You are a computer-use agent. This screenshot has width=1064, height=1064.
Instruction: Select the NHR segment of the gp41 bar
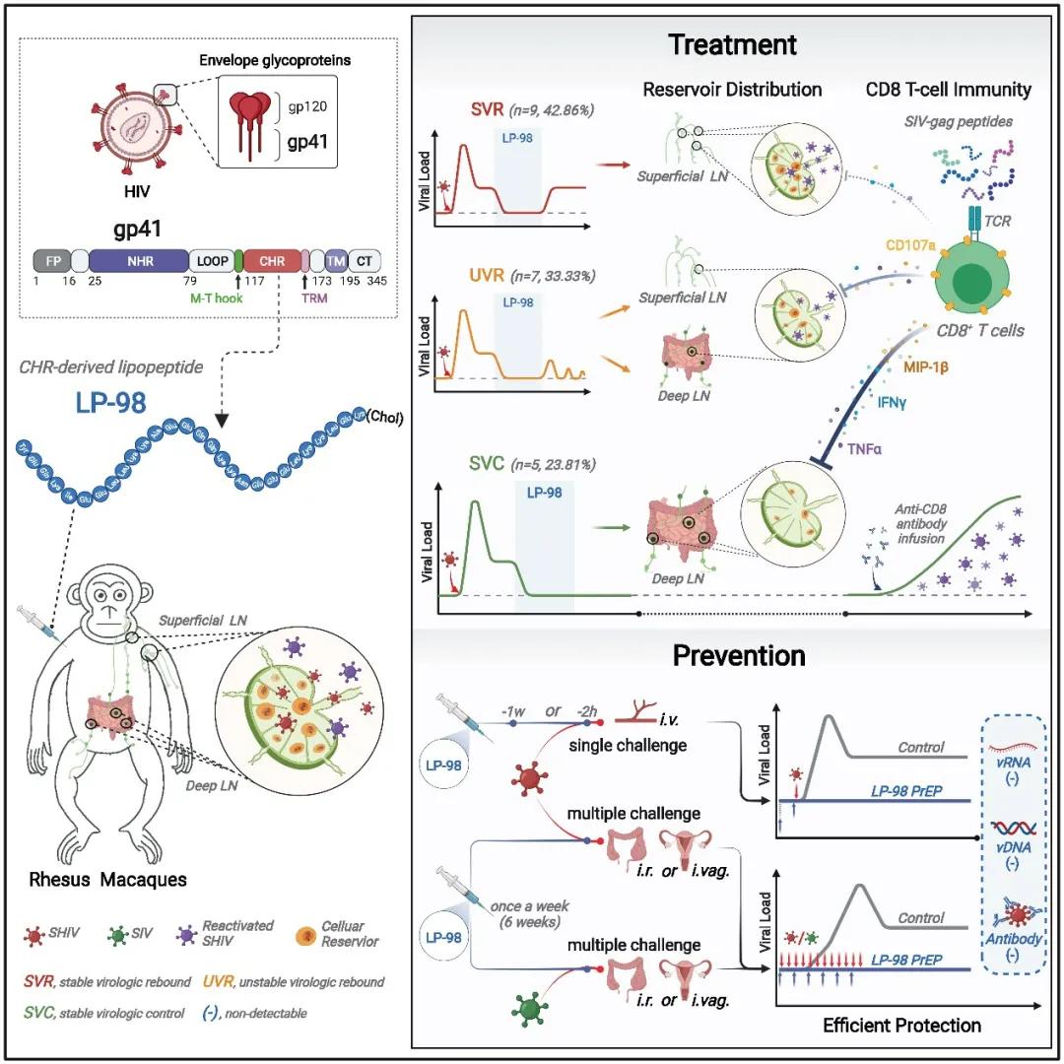[138, 260]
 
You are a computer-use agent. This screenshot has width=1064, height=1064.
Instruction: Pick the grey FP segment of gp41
[51, 260]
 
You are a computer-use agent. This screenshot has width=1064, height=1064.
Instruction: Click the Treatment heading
[732, 44]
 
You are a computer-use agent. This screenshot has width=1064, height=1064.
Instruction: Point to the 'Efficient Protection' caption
[901, 1025]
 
